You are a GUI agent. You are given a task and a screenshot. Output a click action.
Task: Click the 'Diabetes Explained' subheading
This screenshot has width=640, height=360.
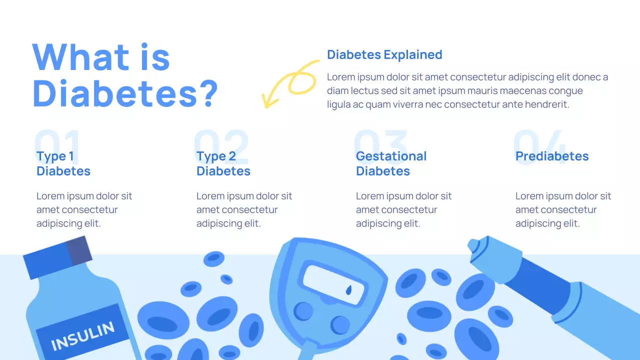click(x=384, y=54)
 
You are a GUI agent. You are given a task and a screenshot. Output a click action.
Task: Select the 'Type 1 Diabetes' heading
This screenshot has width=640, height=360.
click(x=63, y=163)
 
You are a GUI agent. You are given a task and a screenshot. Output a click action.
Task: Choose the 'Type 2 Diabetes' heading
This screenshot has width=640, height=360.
click(x=223, y=163)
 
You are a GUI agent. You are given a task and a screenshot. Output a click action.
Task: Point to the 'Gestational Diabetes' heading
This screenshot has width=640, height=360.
click(x=391, y=163)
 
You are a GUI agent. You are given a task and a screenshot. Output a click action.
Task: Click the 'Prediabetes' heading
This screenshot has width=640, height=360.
click(x=552, y=156)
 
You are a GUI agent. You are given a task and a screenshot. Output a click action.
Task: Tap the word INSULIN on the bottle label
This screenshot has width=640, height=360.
click(x=82, y=335)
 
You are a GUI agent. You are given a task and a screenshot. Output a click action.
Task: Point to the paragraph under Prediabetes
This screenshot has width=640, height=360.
click(x=563, y=209)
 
